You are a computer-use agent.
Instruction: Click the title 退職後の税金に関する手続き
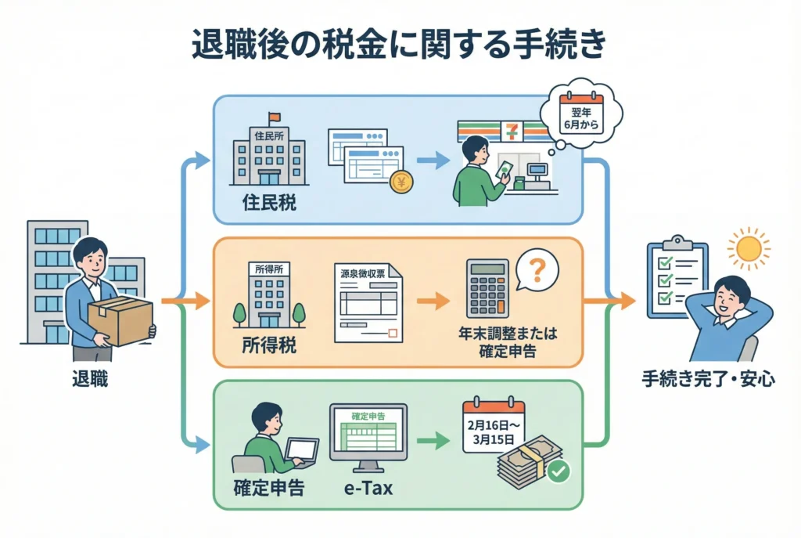[399, 45]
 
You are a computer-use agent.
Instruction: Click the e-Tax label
[367, 490]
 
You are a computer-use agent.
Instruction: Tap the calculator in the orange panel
[486, 289]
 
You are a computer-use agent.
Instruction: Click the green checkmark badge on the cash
[559, 471]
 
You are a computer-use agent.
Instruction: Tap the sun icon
[748, 248]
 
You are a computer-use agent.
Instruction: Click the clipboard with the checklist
[677, 280]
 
